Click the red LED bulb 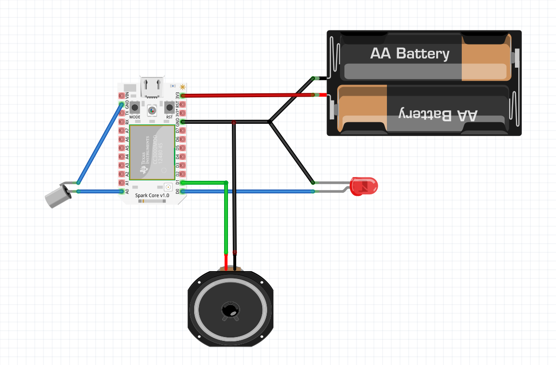[365, 186]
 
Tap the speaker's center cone [230, 310]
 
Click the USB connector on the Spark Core [153, 87]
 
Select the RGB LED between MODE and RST [152, 110]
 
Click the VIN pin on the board [121, 95]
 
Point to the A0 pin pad [121, 191]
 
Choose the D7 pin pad [183, 131]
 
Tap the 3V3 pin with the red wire [183, 95]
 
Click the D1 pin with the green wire [183, 183]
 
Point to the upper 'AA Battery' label [410, 53]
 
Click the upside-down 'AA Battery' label [438, 115]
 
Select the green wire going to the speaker [226, 218]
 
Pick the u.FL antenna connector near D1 [168, 187]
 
